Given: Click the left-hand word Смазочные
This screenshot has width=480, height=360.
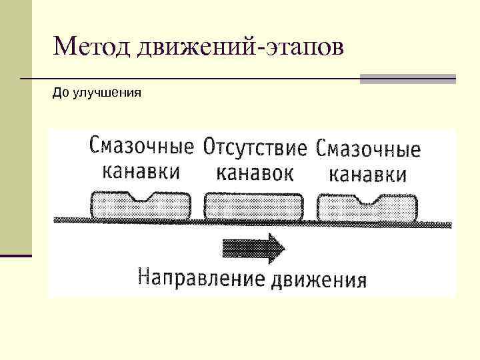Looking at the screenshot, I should [x=141, y=145].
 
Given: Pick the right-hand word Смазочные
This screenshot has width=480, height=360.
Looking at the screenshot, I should [x=369, y=148].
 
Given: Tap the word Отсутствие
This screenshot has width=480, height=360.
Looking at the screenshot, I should [x=255, y=147].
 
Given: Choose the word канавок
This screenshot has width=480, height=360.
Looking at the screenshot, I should [x=255, y=173].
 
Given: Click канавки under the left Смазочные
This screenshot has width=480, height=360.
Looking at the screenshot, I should [x=141, y=171].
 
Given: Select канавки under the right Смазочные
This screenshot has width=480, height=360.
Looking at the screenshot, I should [x=368, y=174].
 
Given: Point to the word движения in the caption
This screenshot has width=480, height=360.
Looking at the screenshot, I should [x=319, y=277].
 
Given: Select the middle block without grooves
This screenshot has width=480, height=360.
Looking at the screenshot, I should [x=253, y=207].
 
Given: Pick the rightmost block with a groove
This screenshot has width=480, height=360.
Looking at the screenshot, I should [x=367, y=209].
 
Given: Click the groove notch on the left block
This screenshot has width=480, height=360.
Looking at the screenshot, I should [x=144, y=197].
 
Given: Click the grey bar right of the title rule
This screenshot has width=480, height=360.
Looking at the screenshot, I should [x=408, y=79].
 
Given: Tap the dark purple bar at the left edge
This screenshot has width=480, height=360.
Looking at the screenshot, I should [x=15, y=255].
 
